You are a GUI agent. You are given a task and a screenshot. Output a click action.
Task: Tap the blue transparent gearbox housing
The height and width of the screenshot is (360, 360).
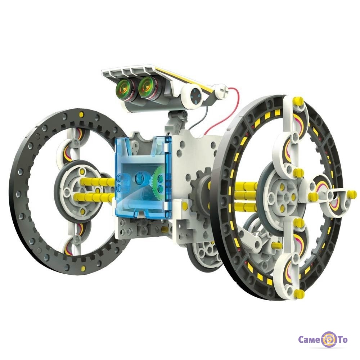coord(143,176)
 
